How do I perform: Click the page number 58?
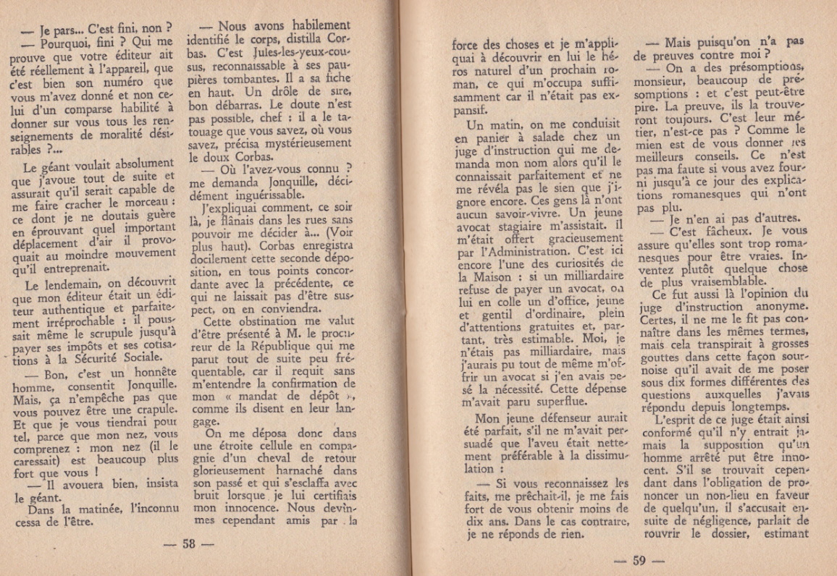coord(189,544)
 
